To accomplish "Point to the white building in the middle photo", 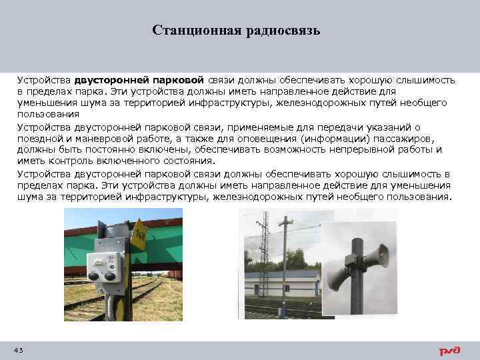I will (x=284, y=284).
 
